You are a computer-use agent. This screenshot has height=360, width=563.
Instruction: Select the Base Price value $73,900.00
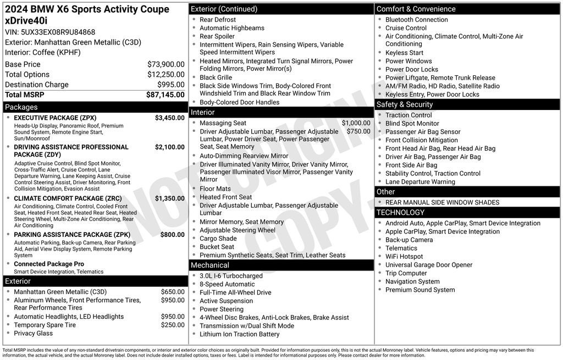(x=165, y=64)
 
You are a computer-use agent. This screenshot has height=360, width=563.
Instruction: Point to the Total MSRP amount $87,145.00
(x=165, y=95)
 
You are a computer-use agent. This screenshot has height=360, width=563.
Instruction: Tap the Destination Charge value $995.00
(x=170, y=85)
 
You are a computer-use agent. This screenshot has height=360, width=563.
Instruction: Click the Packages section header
(x=21, y=107)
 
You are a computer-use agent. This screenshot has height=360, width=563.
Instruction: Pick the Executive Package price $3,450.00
(x=169, y=118)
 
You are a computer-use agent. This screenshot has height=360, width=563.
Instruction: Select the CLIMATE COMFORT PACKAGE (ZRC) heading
(x=68, y=198)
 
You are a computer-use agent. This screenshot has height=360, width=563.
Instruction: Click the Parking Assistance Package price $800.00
(x=172, y=235)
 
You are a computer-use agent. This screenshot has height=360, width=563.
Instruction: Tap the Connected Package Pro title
(x=49, y=264)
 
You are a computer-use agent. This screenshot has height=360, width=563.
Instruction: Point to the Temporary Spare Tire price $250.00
(x=173, y=325)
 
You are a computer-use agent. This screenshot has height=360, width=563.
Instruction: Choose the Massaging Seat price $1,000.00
(x=356, y=123)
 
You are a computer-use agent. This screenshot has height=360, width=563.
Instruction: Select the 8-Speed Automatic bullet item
(x=227, y=284)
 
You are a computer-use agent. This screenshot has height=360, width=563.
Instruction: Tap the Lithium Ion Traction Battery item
(x=239, y=334)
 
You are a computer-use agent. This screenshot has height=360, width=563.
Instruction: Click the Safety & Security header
(x=404, y=104)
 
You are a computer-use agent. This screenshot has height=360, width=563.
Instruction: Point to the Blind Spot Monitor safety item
(x=412, y=124)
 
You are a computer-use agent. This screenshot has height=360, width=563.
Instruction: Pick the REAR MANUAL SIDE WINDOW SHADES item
(x=442, y=202)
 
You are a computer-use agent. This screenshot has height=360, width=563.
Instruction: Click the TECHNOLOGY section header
(x=400, y=212)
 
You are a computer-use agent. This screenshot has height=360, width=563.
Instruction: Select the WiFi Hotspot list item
(x=404, y=257)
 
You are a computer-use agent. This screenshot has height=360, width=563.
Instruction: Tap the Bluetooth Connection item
(x=416, y=20)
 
